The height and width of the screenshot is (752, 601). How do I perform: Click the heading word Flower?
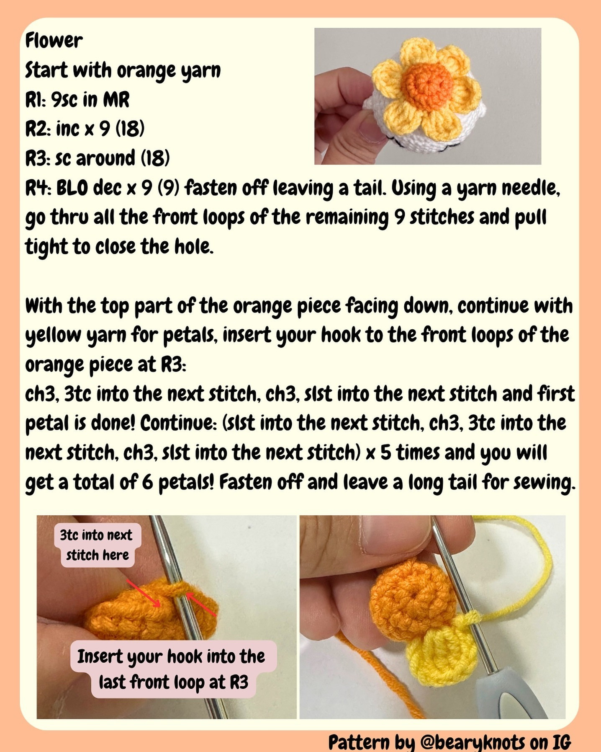pos(54,41)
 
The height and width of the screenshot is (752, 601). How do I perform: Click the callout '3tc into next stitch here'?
pos(97,545)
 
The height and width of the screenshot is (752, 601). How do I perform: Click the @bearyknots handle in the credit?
pos(473,742)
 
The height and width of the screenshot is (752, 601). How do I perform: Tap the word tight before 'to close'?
pos(46,247)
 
